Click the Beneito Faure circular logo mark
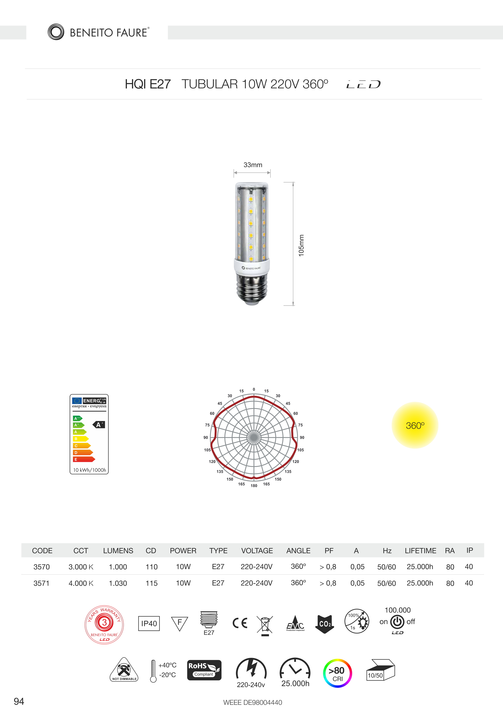click(x=56, y=32)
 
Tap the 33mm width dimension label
click(x=253, y=165)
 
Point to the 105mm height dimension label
click(x=301, y=245)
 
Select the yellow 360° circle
click(x=415, y=425)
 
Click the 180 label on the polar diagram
click(x=254, y=486)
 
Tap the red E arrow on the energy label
click(x=84, y=459)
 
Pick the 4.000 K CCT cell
click(x=81, y=583)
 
